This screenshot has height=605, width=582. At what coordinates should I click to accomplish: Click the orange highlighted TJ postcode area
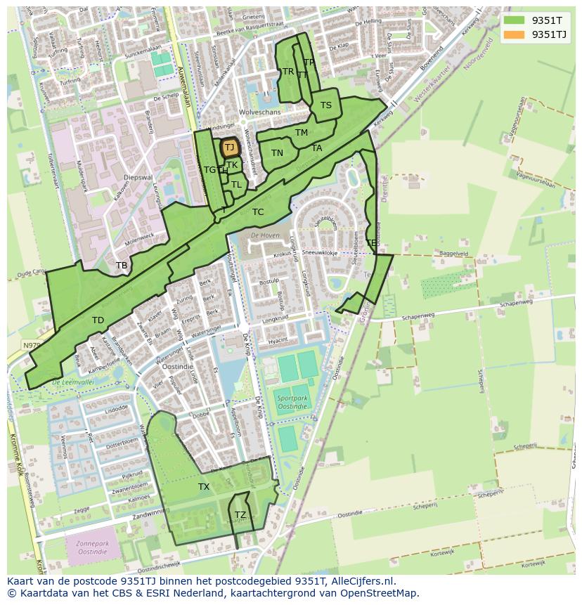[229, 148]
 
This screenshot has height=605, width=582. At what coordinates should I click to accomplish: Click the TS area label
[326, 106]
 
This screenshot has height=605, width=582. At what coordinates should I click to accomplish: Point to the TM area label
[302, 133]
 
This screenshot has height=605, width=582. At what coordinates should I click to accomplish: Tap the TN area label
[277, 153]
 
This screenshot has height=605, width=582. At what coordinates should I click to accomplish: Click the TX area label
[204, 487]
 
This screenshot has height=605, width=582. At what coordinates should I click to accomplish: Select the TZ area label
[240, 515]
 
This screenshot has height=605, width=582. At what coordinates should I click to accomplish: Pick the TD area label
[98, 320]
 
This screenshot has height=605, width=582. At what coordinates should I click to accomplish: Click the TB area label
[122, 266]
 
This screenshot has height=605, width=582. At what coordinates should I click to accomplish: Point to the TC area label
[258, 212]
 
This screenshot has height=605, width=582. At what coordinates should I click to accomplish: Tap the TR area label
[288, 72]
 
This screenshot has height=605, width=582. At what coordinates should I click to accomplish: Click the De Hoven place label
[265, 235]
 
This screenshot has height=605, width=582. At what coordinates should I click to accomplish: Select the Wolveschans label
[259, 112]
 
